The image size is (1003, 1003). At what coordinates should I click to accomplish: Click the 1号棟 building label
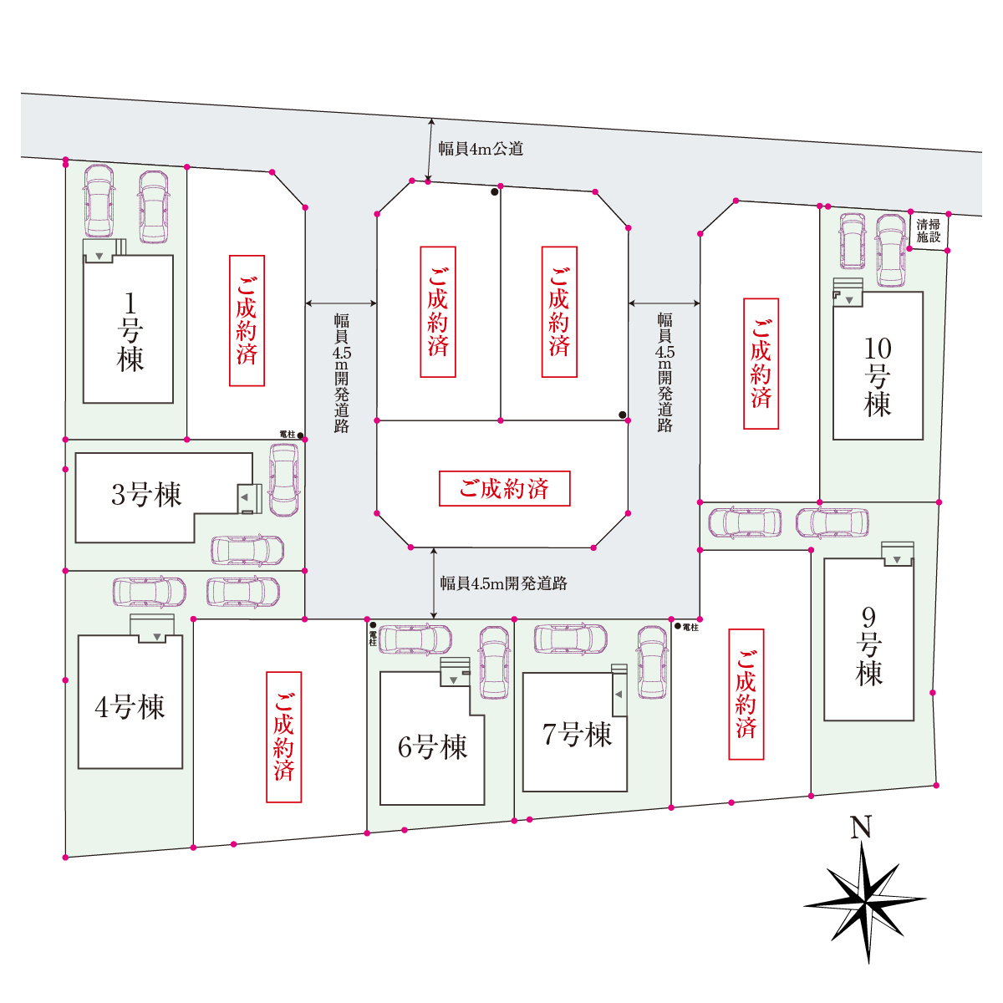tap(130, 332)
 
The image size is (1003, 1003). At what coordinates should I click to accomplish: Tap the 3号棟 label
tap(146, 495)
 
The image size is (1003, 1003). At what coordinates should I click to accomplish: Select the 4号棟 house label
tap(130, 706)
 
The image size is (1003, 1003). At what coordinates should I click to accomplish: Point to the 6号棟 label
tap(432, 747)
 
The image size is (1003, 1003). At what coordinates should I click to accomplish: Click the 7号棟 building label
tap(577, 735)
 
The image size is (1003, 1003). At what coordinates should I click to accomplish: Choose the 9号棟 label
tap(868, 646)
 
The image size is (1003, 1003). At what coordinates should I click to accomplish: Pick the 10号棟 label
tap(878, 377)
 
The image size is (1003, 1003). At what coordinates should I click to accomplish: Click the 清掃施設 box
tap(928, 231)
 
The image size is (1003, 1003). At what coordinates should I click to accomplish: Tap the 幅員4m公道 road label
tap(481, 149)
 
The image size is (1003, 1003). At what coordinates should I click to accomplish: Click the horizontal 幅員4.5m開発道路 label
tap(503, 583)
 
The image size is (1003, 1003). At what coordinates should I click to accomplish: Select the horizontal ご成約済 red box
tap(504, 488)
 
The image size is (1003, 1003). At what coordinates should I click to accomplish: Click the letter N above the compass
tap(861, 827)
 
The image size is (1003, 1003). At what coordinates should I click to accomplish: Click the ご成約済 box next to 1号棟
tap(247, 321)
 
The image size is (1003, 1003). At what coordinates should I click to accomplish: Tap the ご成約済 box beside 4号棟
tap(283, 737)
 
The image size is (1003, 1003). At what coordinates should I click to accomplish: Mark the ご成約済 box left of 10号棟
tap(761, 364)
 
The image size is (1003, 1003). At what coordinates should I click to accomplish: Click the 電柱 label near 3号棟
tap(288, 434)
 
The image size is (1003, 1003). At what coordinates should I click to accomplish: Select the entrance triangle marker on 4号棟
tap(156, 637)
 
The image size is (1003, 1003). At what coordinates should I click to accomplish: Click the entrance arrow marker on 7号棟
tap(619, 694)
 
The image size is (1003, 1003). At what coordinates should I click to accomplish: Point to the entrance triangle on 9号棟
tap(897, 560)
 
